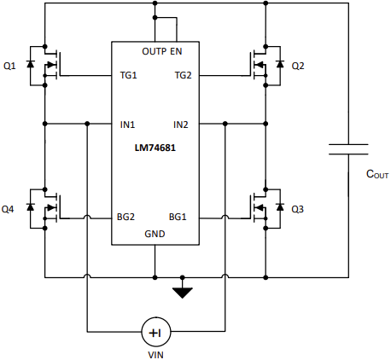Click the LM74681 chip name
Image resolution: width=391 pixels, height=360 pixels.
(x=155, y=147)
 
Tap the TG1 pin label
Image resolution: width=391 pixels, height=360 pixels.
(x=129, y=75)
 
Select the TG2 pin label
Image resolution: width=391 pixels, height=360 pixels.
(x=183, y=75)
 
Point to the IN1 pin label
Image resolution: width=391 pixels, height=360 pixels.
(x=128, y=124)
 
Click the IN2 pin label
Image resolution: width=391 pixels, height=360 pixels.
(x=181, y=124)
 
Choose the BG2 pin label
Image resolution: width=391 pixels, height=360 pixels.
(x=127, y=216)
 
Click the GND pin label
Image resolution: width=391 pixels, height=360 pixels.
(x=155, y=233)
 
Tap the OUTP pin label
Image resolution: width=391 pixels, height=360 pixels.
(x=155, y=52)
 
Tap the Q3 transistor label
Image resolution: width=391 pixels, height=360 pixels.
(x=298, y=208)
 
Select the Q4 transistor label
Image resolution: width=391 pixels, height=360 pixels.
(x=9, y=208)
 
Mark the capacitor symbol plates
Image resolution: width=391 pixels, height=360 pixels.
(x=349, y=150)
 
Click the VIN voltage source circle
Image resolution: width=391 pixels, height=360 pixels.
(x=155, y=330)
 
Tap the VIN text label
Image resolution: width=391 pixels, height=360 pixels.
(x=155, y=351)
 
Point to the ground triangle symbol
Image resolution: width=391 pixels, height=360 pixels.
(x=182, y=293)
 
